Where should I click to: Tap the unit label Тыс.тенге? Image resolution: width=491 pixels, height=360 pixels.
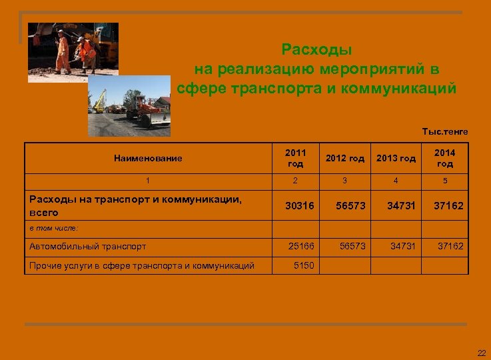(445, 132)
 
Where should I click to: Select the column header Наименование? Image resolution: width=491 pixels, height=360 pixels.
(148, 158)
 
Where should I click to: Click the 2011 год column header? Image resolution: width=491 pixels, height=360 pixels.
(296, 158)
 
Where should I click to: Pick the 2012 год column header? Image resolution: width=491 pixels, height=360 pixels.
(345, 159)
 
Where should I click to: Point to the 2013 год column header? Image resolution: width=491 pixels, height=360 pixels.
(396, 159)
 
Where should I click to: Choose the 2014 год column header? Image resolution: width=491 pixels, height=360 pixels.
(444, 158)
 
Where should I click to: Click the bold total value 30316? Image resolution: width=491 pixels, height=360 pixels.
(299, 206)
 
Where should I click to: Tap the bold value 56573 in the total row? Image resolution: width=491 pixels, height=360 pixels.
(350, 206)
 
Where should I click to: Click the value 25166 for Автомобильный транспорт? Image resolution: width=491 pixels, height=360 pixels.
(301, 247)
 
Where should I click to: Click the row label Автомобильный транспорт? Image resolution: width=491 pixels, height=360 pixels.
(88, 247)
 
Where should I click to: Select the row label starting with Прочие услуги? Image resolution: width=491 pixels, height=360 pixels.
(142, 265)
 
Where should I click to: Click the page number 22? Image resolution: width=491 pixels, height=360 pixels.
(481, 353)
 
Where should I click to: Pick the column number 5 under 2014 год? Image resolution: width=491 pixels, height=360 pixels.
(444, 180)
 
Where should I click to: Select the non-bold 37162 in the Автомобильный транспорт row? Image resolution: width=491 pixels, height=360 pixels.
(450, 247)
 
